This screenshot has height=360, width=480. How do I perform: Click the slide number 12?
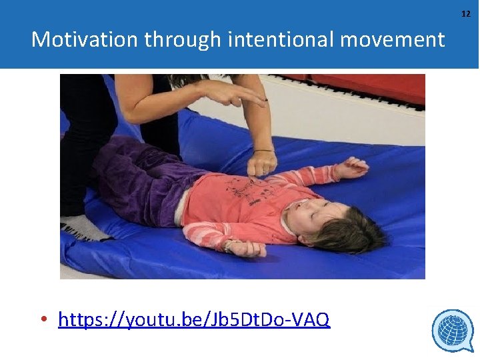tap(465, 13)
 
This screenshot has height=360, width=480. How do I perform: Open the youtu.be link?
tap(193, 320)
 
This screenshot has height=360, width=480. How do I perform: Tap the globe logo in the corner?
tap(452, 330)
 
